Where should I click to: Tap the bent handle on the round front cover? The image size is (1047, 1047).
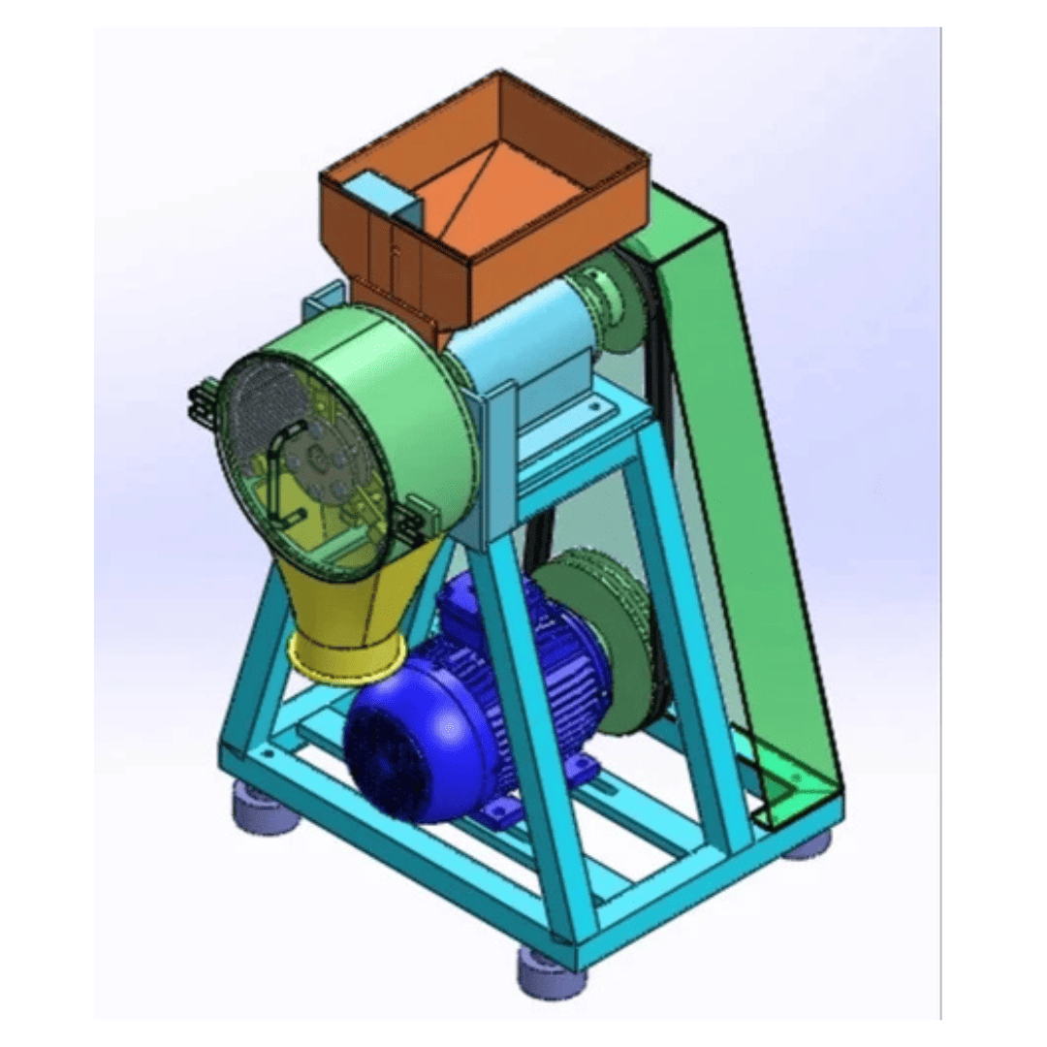276,465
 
